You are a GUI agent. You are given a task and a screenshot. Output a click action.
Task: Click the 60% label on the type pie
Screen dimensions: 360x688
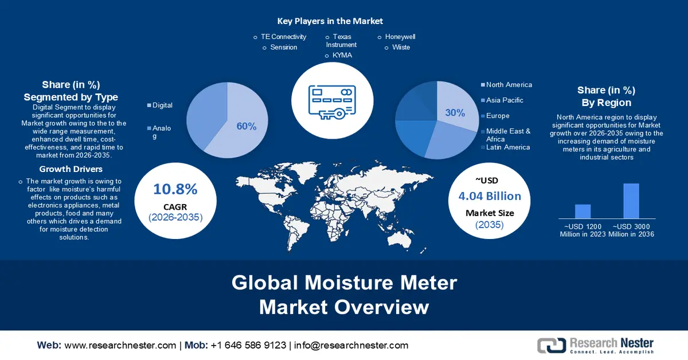click(247, 126)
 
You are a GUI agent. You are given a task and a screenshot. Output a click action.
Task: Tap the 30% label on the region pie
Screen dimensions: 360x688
click(455, 113)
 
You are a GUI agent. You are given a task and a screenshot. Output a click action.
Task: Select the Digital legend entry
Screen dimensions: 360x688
click(162, 105)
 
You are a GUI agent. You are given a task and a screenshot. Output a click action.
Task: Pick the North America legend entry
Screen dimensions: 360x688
click(509, 85)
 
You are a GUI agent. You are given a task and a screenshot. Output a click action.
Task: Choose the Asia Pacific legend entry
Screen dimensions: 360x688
click(505, 100)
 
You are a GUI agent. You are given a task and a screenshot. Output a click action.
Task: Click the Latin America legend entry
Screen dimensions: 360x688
click(508, 147)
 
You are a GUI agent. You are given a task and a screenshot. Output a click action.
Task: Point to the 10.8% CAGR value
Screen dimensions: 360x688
click(175, 189)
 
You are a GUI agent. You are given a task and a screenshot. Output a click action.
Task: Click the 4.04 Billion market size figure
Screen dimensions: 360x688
click(490, 196)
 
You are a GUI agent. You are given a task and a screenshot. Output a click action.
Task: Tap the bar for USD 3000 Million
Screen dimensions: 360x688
click(631, 201)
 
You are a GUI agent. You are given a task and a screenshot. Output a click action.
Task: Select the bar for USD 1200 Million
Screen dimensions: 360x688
click(583, 212)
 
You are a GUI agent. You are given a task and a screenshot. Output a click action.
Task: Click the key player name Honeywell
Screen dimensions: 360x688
click(400, 37)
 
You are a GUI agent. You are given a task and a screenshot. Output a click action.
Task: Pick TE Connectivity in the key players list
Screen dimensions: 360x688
click(283, 37)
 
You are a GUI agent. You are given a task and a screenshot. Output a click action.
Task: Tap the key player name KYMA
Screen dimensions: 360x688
click(342, 56)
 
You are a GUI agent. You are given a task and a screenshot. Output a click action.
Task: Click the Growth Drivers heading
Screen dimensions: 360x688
click(71, 169)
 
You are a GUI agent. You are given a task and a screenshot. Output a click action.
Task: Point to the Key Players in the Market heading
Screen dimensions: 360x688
click(330, 21)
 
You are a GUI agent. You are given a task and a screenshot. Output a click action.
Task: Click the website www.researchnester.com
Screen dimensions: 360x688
click(120, 345)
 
